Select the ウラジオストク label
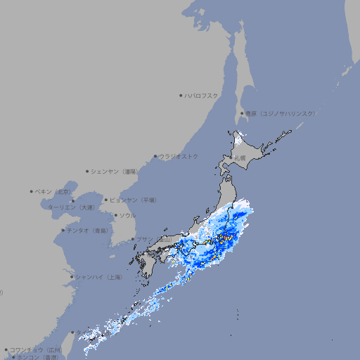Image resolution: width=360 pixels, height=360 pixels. (x=179, y=156)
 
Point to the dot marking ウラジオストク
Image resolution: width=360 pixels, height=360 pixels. (x=155, y=157)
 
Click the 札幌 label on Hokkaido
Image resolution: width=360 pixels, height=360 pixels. (x=240, y=158)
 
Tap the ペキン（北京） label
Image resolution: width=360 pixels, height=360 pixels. (x=54, y=191)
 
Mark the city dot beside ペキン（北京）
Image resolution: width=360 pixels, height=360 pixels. (x=32, y=191)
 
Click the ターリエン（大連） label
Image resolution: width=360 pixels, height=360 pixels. (x=71, y=207)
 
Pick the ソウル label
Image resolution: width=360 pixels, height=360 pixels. (x=127, y=215)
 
